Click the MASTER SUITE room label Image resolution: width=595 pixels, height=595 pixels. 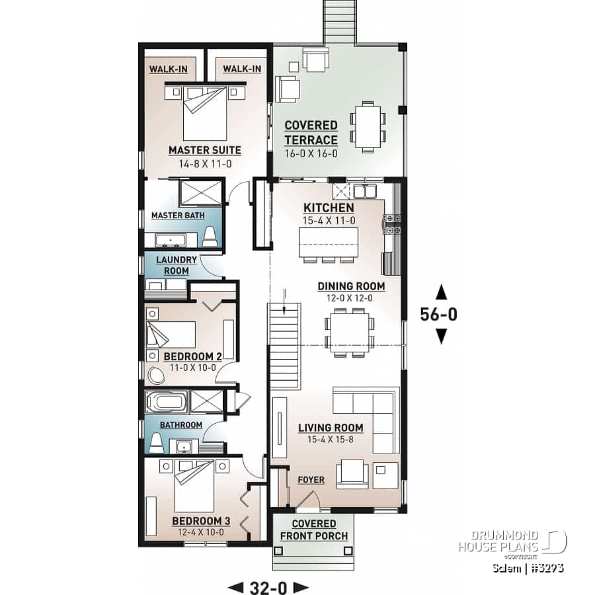click(x=204, y=150)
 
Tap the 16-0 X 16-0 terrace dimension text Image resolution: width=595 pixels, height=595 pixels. click(x=311, y=153)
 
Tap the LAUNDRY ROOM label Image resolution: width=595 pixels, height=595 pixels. click(x=176, y=265)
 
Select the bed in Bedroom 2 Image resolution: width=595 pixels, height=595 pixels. click(x=171, y=335)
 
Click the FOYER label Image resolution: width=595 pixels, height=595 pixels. click(x=311, y=479)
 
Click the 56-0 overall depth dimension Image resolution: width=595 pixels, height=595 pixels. click(x=439, y=315)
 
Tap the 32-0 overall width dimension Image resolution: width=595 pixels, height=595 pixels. click(x=268, y=586)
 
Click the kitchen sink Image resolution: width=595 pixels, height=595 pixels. click(x=364, y=192)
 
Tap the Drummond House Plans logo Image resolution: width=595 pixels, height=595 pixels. click(x=512, y=542)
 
